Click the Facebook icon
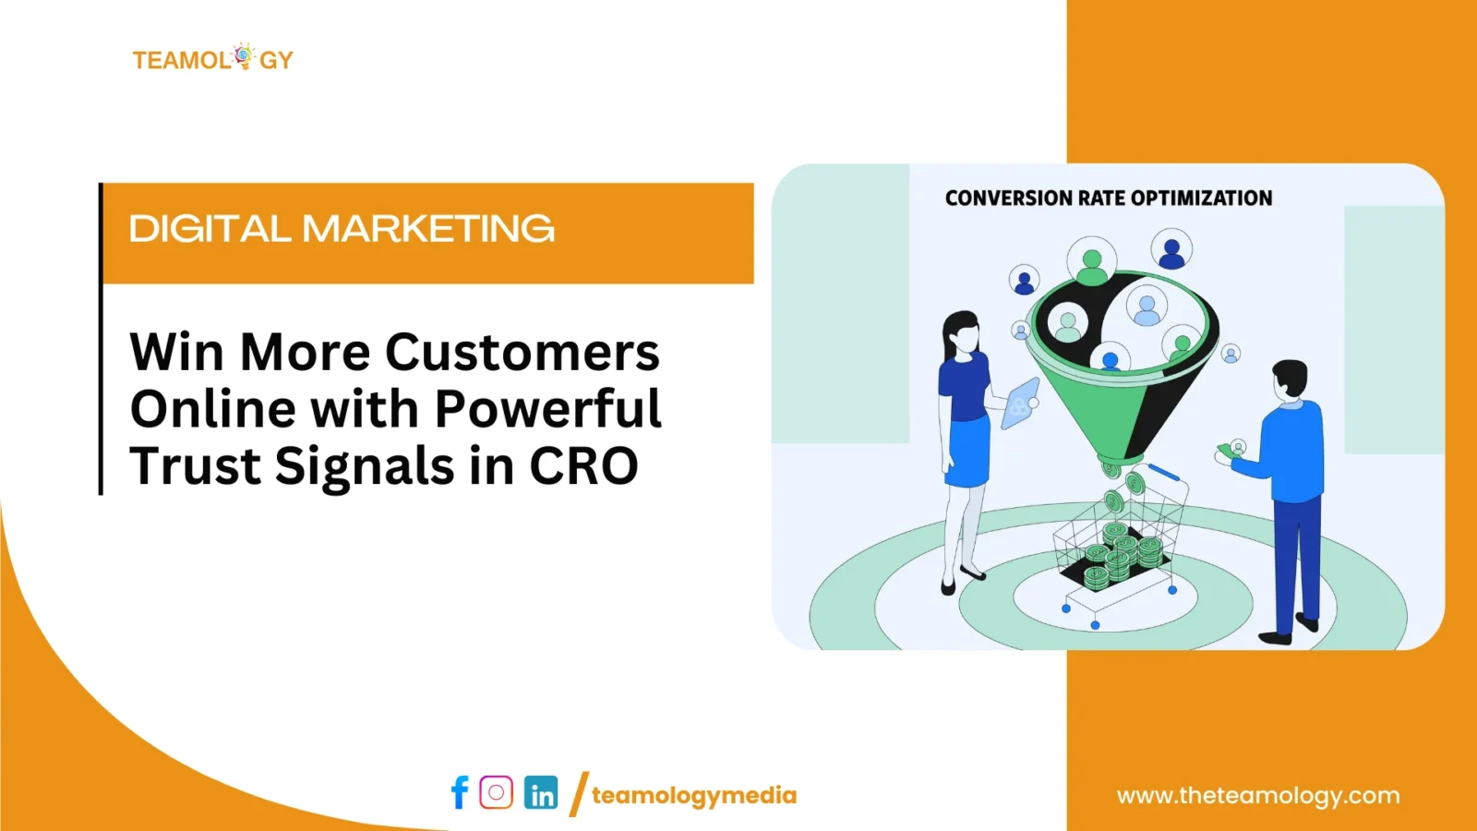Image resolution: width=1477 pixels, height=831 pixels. click(x=461, y=792)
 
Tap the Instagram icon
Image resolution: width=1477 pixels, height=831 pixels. click(x=496, y=792)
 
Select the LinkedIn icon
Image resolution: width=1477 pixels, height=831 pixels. click(x=541, y=792)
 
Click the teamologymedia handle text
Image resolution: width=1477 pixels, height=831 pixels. click(x=693, y=795)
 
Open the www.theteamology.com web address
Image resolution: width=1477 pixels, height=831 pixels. click(x=1258, y=796)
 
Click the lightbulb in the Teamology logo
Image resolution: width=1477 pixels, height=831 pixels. click(x=244, y=56)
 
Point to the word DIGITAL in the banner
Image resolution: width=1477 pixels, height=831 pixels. click(x=210, y=229)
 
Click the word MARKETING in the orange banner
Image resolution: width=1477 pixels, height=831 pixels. click(x=428, y=229)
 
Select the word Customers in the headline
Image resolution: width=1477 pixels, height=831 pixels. click(x=522, y=352)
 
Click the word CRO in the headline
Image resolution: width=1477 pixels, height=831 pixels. click(x=583, y=465)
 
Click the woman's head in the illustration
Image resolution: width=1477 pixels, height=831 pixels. click(x=962, y=334)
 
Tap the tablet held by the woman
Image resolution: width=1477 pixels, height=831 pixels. click(x=1020, y=403)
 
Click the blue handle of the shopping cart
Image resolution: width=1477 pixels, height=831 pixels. click(x=1164, y=472)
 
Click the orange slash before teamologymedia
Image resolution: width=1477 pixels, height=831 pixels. click(x=578, y=794)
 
